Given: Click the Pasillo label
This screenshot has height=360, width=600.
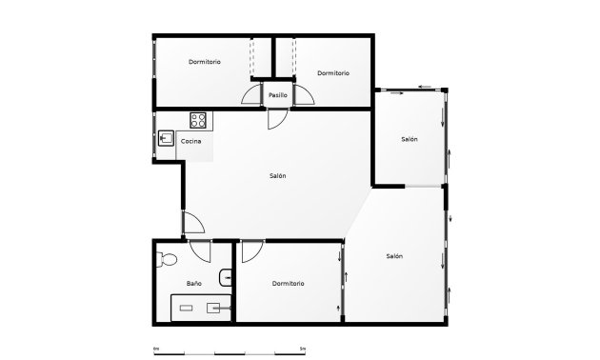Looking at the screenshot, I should coord(277,95).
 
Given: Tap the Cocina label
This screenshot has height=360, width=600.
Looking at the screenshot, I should coord(190,141).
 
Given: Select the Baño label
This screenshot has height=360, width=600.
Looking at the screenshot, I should coord(193,283).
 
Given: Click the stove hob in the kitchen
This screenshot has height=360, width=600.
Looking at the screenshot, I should coord(199,120).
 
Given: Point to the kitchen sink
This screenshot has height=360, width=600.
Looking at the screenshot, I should coord(166,139).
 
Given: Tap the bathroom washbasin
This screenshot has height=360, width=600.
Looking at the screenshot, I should coord(224,277).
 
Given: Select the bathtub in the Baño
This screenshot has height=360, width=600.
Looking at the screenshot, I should coord(201,307).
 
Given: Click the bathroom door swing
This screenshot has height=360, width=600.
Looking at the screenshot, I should coord(200,251).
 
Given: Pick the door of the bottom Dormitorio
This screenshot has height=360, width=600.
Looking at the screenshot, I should coord(251,251).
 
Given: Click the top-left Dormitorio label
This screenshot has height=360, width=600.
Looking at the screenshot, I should coord(205,62).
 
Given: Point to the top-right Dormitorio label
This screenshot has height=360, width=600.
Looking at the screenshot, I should coord(332,73).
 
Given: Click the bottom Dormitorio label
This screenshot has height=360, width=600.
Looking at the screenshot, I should coord(287,283).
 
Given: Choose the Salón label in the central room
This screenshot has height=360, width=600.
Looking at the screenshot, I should coord(277,175).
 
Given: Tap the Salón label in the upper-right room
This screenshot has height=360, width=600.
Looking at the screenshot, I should coord(410,139).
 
